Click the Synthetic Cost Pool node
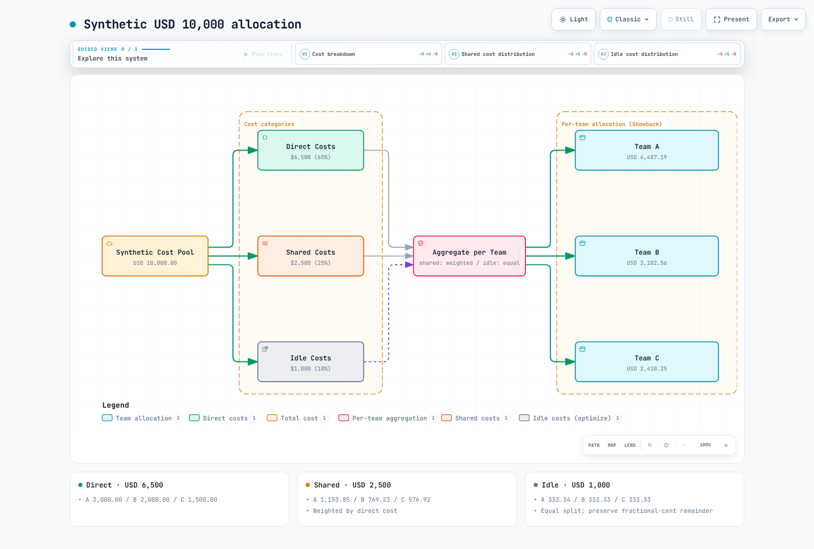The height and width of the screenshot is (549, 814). tap(155, 256)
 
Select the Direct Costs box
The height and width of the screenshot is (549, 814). tap(311, 150)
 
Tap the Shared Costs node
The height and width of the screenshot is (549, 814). tap(311, 256)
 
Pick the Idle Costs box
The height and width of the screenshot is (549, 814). tap(311, 361)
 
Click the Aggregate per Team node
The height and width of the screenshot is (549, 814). tap(470, 256)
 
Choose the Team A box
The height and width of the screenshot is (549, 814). tap(647, 150)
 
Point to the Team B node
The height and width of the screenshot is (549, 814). tap(647, 256)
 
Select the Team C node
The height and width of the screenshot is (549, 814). tap(647, 361)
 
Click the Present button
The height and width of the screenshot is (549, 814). tap(731, 19)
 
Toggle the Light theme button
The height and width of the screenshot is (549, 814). tap(573, 19)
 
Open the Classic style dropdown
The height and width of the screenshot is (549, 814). tap(628, 19)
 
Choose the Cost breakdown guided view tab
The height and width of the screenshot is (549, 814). tap(368, 54)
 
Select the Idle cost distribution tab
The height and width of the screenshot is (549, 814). tap(667, 54)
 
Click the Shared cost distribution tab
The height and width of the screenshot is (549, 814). tap(518, 54)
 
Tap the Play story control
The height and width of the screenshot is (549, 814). tap(263, 54)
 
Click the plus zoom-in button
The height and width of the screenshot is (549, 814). tap(725, 445)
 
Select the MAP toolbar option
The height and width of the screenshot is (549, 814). tap(612, 445)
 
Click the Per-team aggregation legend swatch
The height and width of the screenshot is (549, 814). tap(343, 418)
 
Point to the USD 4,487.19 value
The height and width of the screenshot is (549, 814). tap(647, 157)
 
